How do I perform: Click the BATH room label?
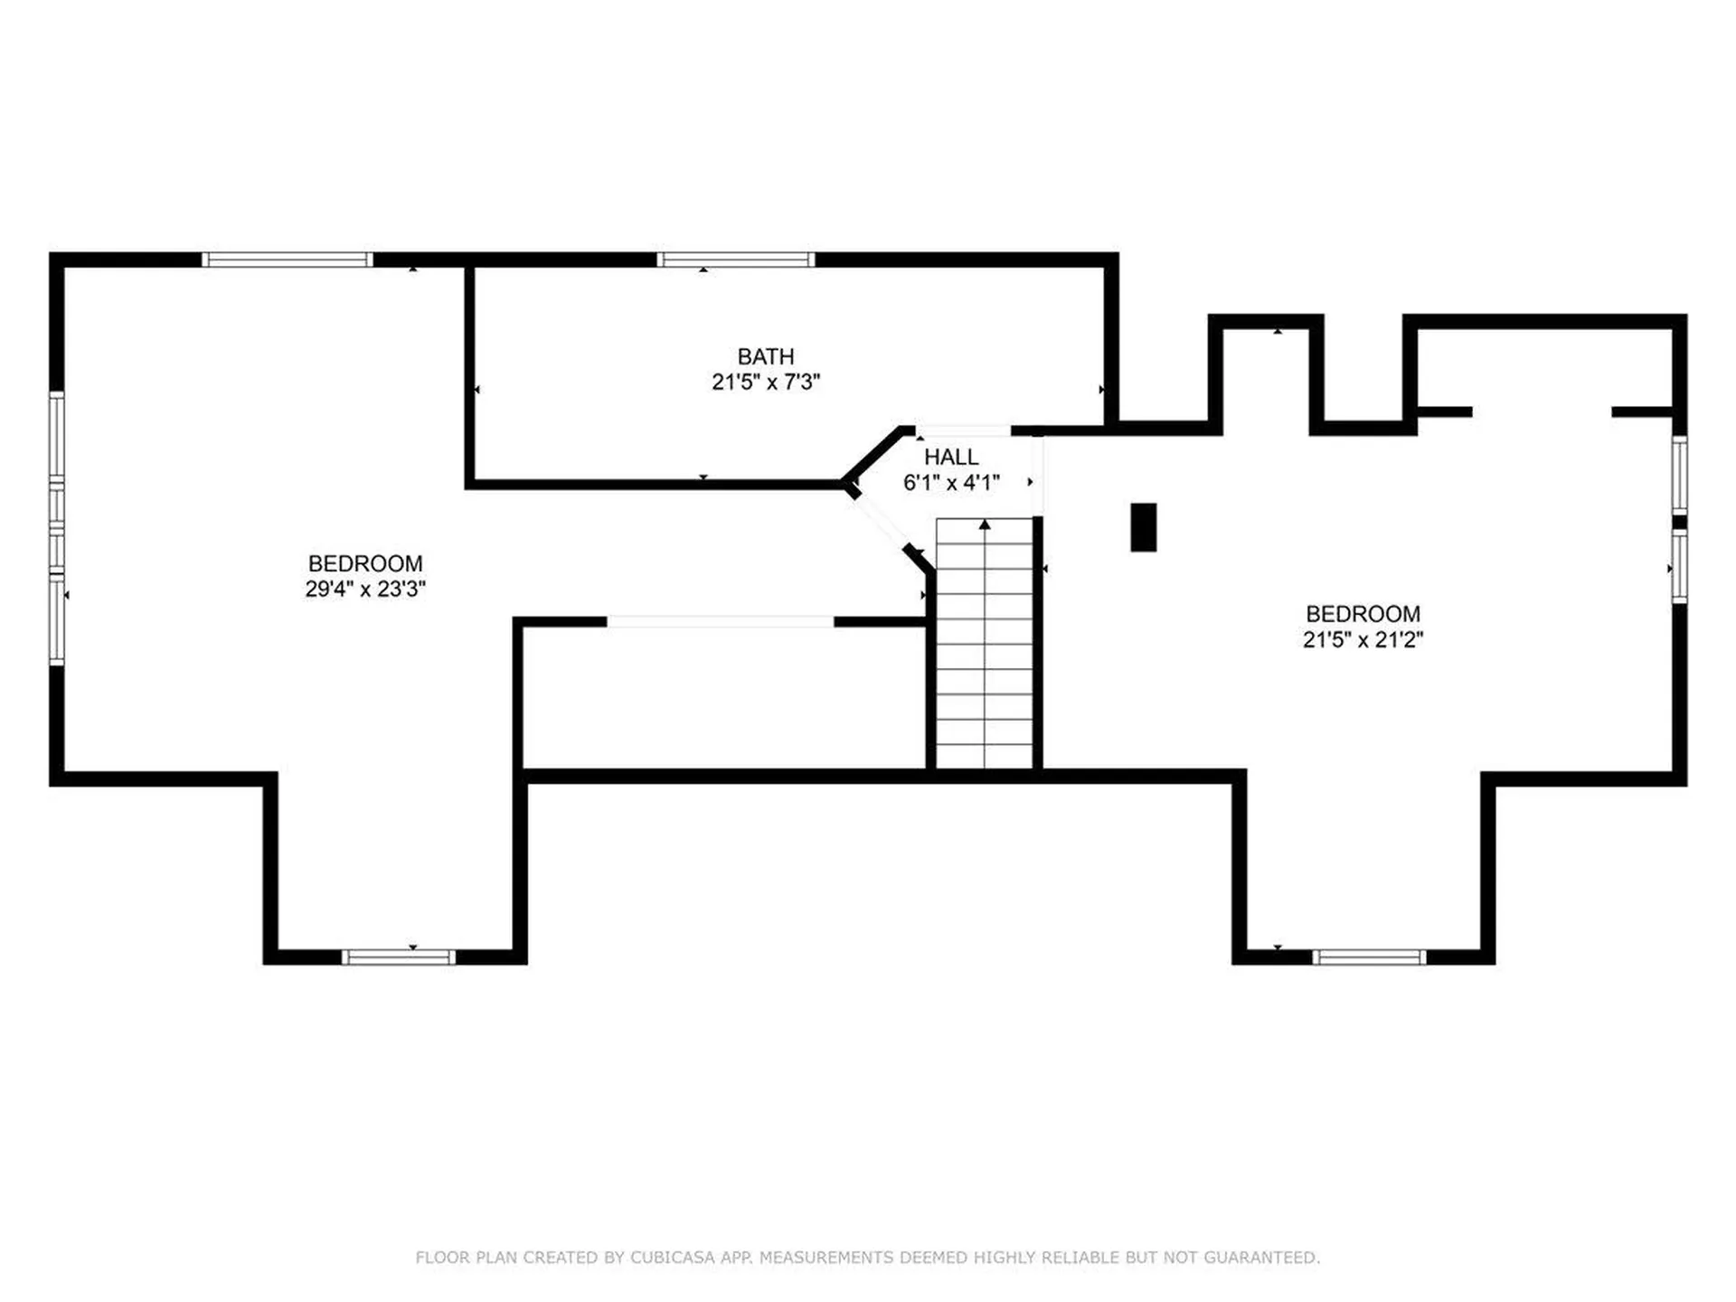click(x=766, y=356)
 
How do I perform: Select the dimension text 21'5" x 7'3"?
click(x=766, y=382)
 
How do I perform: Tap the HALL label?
click(x=951, y=457)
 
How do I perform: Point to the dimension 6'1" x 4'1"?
click(x=951, y=482)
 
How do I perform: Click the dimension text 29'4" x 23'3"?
click(x=365, y=589)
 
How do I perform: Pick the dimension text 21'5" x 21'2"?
click(x=1363, y=639)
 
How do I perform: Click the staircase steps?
click(x=985, y=644)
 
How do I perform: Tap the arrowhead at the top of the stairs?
click(x=985, y=524)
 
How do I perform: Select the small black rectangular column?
click(x=1144, y=527)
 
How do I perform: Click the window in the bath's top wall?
click(x=736, y=260)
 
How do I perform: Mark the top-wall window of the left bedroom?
click(x=287, y=260)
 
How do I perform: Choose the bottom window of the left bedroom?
click(x=399, y=958)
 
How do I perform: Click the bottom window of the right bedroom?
click(x=1369, y=958)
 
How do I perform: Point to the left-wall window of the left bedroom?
click(x=57, y=529)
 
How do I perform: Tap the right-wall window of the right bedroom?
click(x=1679, y=520)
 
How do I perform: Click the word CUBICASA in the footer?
click(x=674, y=1257)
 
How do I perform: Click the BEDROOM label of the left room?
click(x=365, y=563)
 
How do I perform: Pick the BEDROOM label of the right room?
click(x=1363, y=614)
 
